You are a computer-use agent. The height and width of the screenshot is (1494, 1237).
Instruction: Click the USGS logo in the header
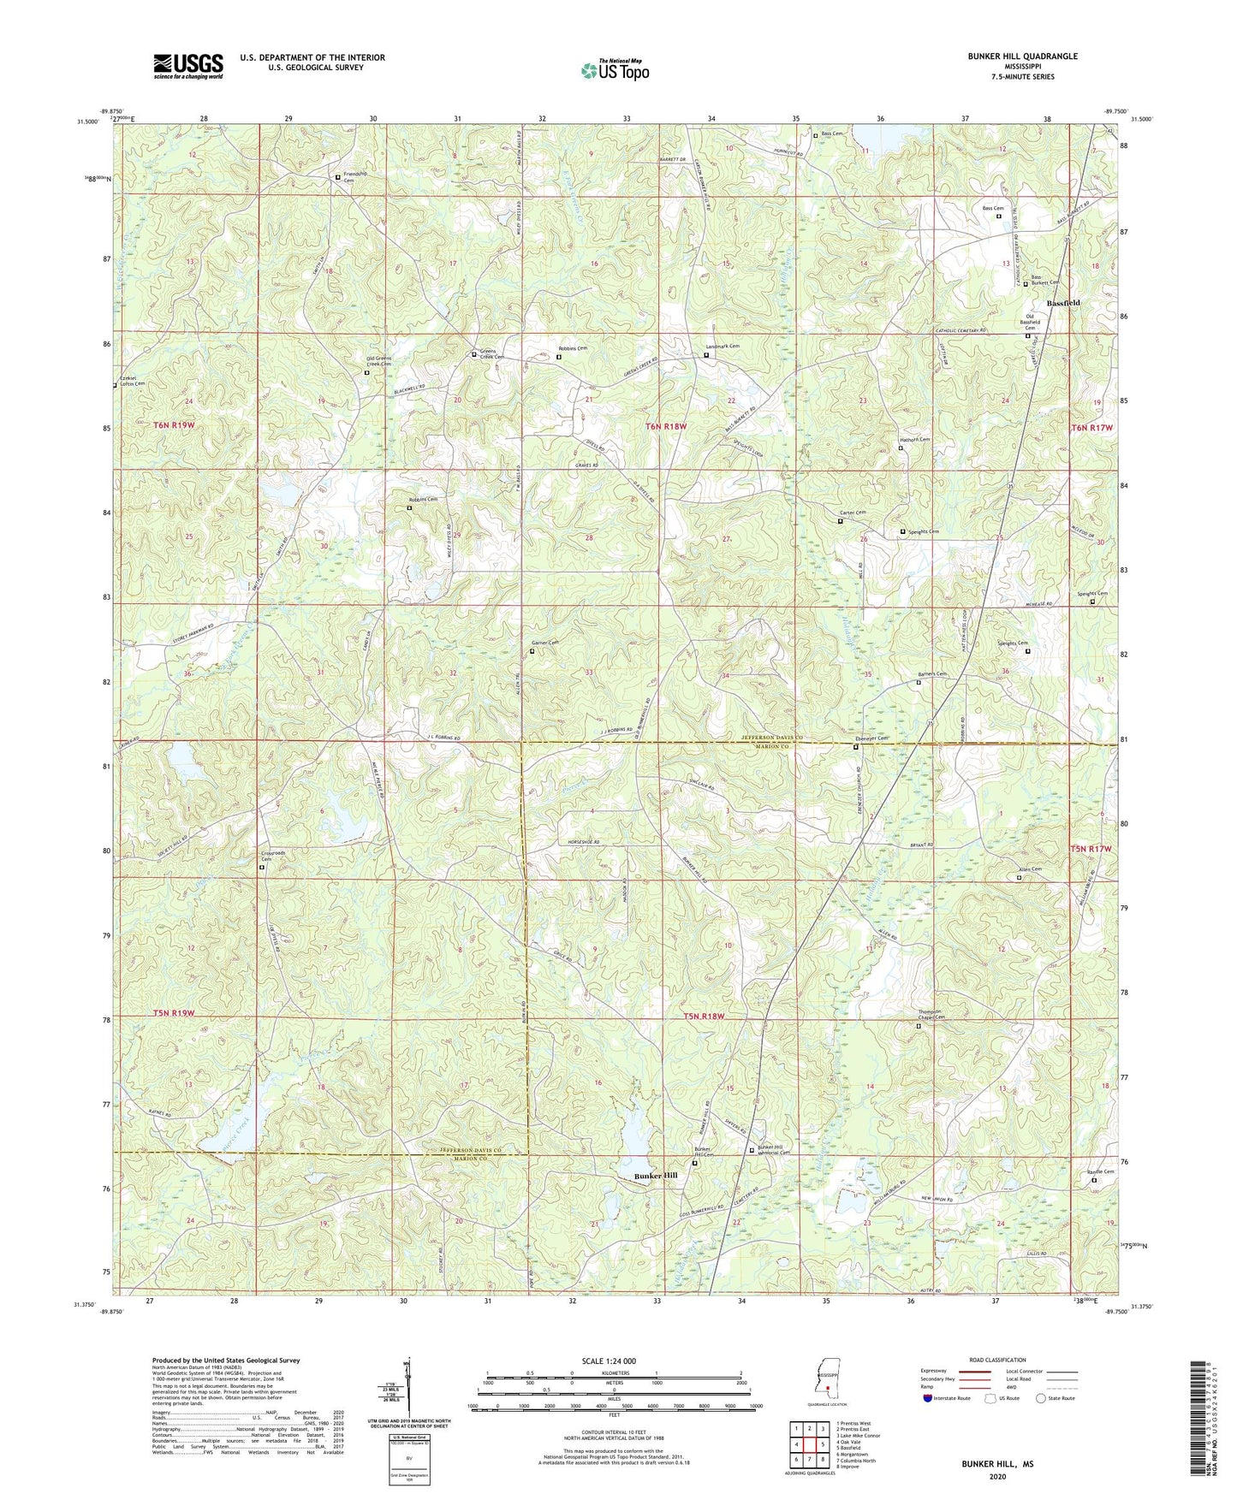pyautogui.click(x=188, y=65)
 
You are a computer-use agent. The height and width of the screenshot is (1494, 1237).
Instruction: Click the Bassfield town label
pyautogui.click(x=1064, y=304)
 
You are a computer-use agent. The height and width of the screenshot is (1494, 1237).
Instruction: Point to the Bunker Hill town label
pyautogui.click(x=656, y=1176)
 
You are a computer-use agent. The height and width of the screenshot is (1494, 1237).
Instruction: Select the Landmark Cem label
pyautogui.click(x=722, y=347)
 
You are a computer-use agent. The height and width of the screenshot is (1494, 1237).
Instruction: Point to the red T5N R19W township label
pyautogui.click(x=175, y=1013)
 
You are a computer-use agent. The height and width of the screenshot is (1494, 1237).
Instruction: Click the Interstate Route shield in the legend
pyautogui.click(x=929, y=1398)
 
